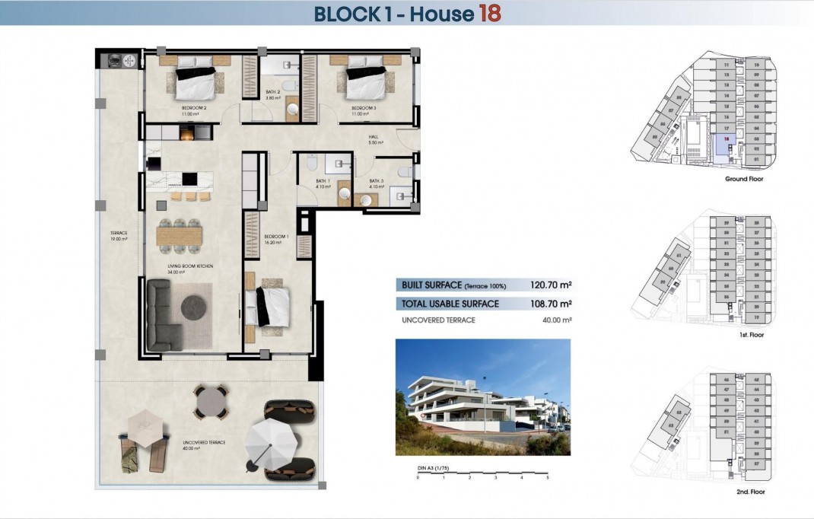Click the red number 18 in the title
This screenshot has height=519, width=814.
tap(488, 13)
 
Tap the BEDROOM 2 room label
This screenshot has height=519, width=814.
tap(195, 108)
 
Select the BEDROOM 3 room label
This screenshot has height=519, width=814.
tap(364, 108)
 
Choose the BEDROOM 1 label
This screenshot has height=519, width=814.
tap(275, 237)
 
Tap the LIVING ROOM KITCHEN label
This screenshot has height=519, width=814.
tap(189, 266)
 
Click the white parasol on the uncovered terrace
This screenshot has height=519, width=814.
tap(272, 440)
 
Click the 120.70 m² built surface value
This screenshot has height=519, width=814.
tap(550, 285)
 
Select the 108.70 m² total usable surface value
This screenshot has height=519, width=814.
tap(550, 304)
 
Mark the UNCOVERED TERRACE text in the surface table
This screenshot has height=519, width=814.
tap(438, 320)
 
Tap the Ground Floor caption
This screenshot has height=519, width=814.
tap(744, 179)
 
